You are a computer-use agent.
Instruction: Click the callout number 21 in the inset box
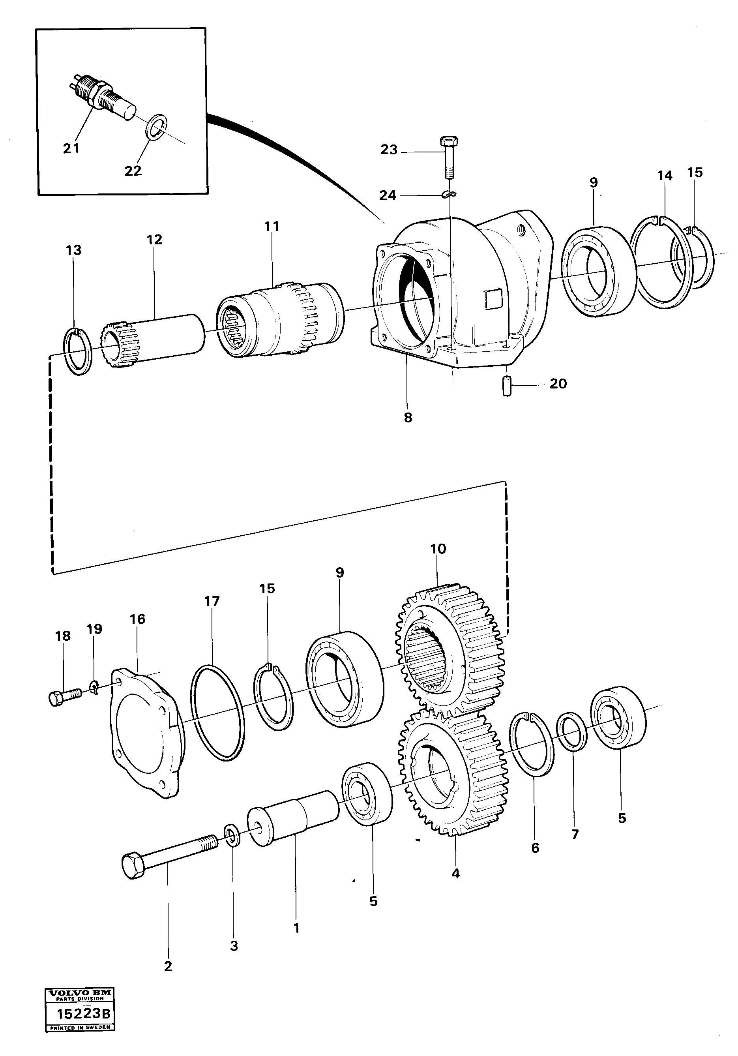point(71,148)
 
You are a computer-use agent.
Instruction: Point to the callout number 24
point(388,195)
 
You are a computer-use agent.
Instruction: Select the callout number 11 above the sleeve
point(272,226)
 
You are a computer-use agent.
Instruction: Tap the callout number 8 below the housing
point(408,418)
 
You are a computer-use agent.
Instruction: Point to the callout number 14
point(665,176)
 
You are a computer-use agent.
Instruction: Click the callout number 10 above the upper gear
point(438,549)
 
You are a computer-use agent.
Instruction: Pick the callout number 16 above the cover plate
point(137,619)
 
